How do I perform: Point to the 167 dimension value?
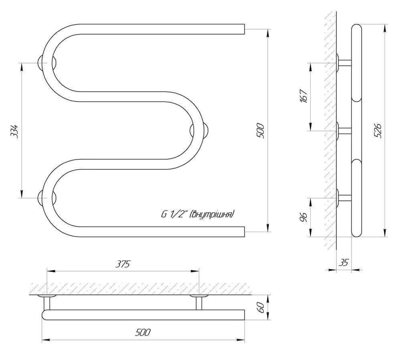click(303, 96)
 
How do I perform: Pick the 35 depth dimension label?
click(344, 263)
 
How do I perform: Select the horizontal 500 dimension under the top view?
click(143, 332)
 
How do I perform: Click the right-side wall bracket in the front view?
click(200, 131)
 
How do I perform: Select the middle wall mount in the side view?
click(343, 130)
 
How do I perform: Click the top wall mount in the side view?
click(343, 63)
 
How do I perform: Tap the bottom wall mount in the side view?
click(343, 197)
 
